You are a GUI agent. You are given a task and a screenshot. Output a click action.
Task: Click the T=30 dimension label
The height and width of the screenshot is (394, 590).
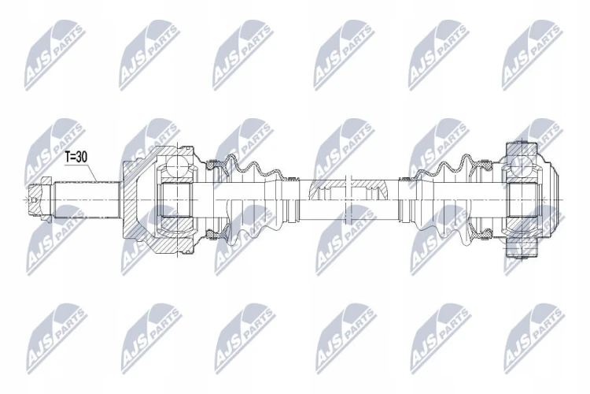76,157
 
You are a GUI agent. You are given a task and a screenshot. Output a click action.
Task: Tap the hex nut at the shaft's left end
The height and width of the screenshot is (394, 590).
40,199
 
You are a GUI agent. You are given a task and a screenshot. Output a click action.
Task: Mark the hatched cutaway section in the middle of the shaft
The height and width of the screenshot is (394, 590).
349,188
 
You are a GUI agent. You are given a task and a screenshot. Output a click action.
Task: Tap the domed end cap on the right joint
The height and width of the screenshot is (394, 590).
549,199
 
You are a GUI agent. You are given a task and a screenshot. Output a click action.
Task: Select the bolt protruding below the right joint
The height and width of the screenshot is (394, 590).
520,249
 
